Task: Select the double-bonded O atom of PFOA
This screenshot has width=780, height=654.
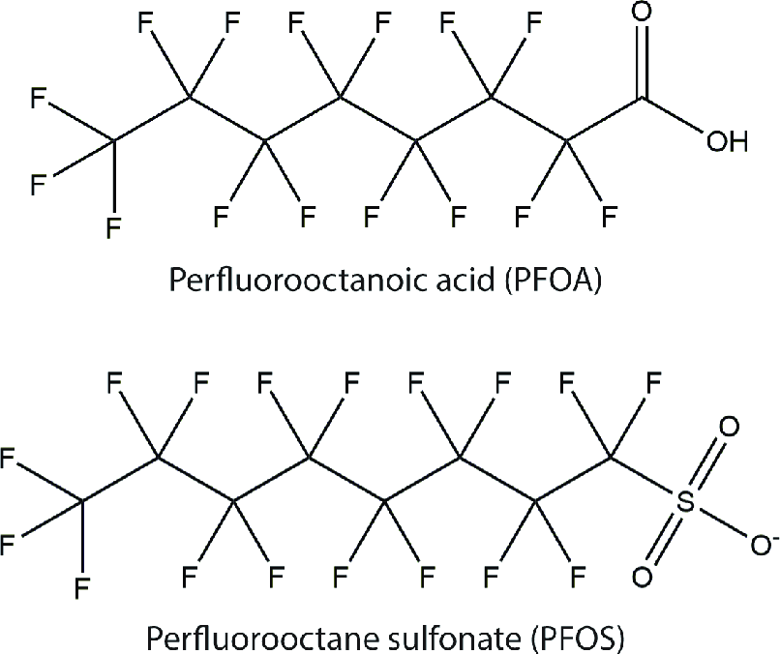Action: point(642,17)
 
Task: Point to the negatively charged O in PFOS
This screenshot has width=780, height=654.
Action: point(758,540)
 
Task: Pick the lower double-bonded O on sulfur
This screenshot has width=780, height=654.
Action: point(640,578)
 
